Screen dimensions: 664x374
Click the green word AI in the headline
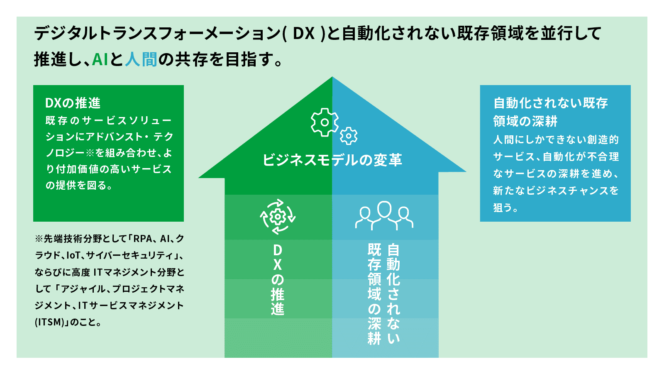tap(100, 59)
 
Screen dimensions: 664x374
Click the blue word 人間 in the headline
tap(141, 59)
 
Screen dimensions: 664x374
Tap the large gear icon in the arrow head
tap(325, 122)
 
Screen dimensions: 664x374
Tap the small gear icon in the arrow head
tap(349, 136)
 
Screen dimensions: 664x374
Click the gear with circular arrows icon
tap(278, 217)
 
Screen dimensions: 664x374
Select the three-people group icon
tap(384, 215)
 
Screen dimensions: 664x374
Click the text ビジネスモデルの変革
tap(332, 160)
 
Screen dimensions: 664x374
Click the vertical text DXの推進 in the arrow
tap(278, 280)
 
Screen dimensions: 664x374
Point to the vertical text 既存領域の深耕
tap(374, 294)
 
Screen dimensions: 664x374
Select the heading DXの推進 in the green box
tap(73, 103)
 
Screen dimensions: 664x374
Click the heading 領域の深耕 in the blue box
tap(525, 121)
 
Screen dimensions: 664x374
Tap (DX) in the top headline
tap(304, 33)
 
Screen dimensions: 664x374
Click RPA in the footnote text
tap(143, 239)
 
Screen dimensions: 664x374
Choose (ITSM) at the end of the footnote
tap(49, 322)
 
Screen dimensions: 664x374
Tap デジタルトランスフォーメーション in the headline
tap(157, 33)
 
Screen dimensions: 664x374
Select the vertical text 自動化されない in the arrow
tap(393, 294)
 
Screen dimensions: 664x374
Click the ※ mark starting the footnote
tap(39, 239)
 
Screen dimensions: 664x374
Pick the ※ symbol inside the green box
tap(90, 153)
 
